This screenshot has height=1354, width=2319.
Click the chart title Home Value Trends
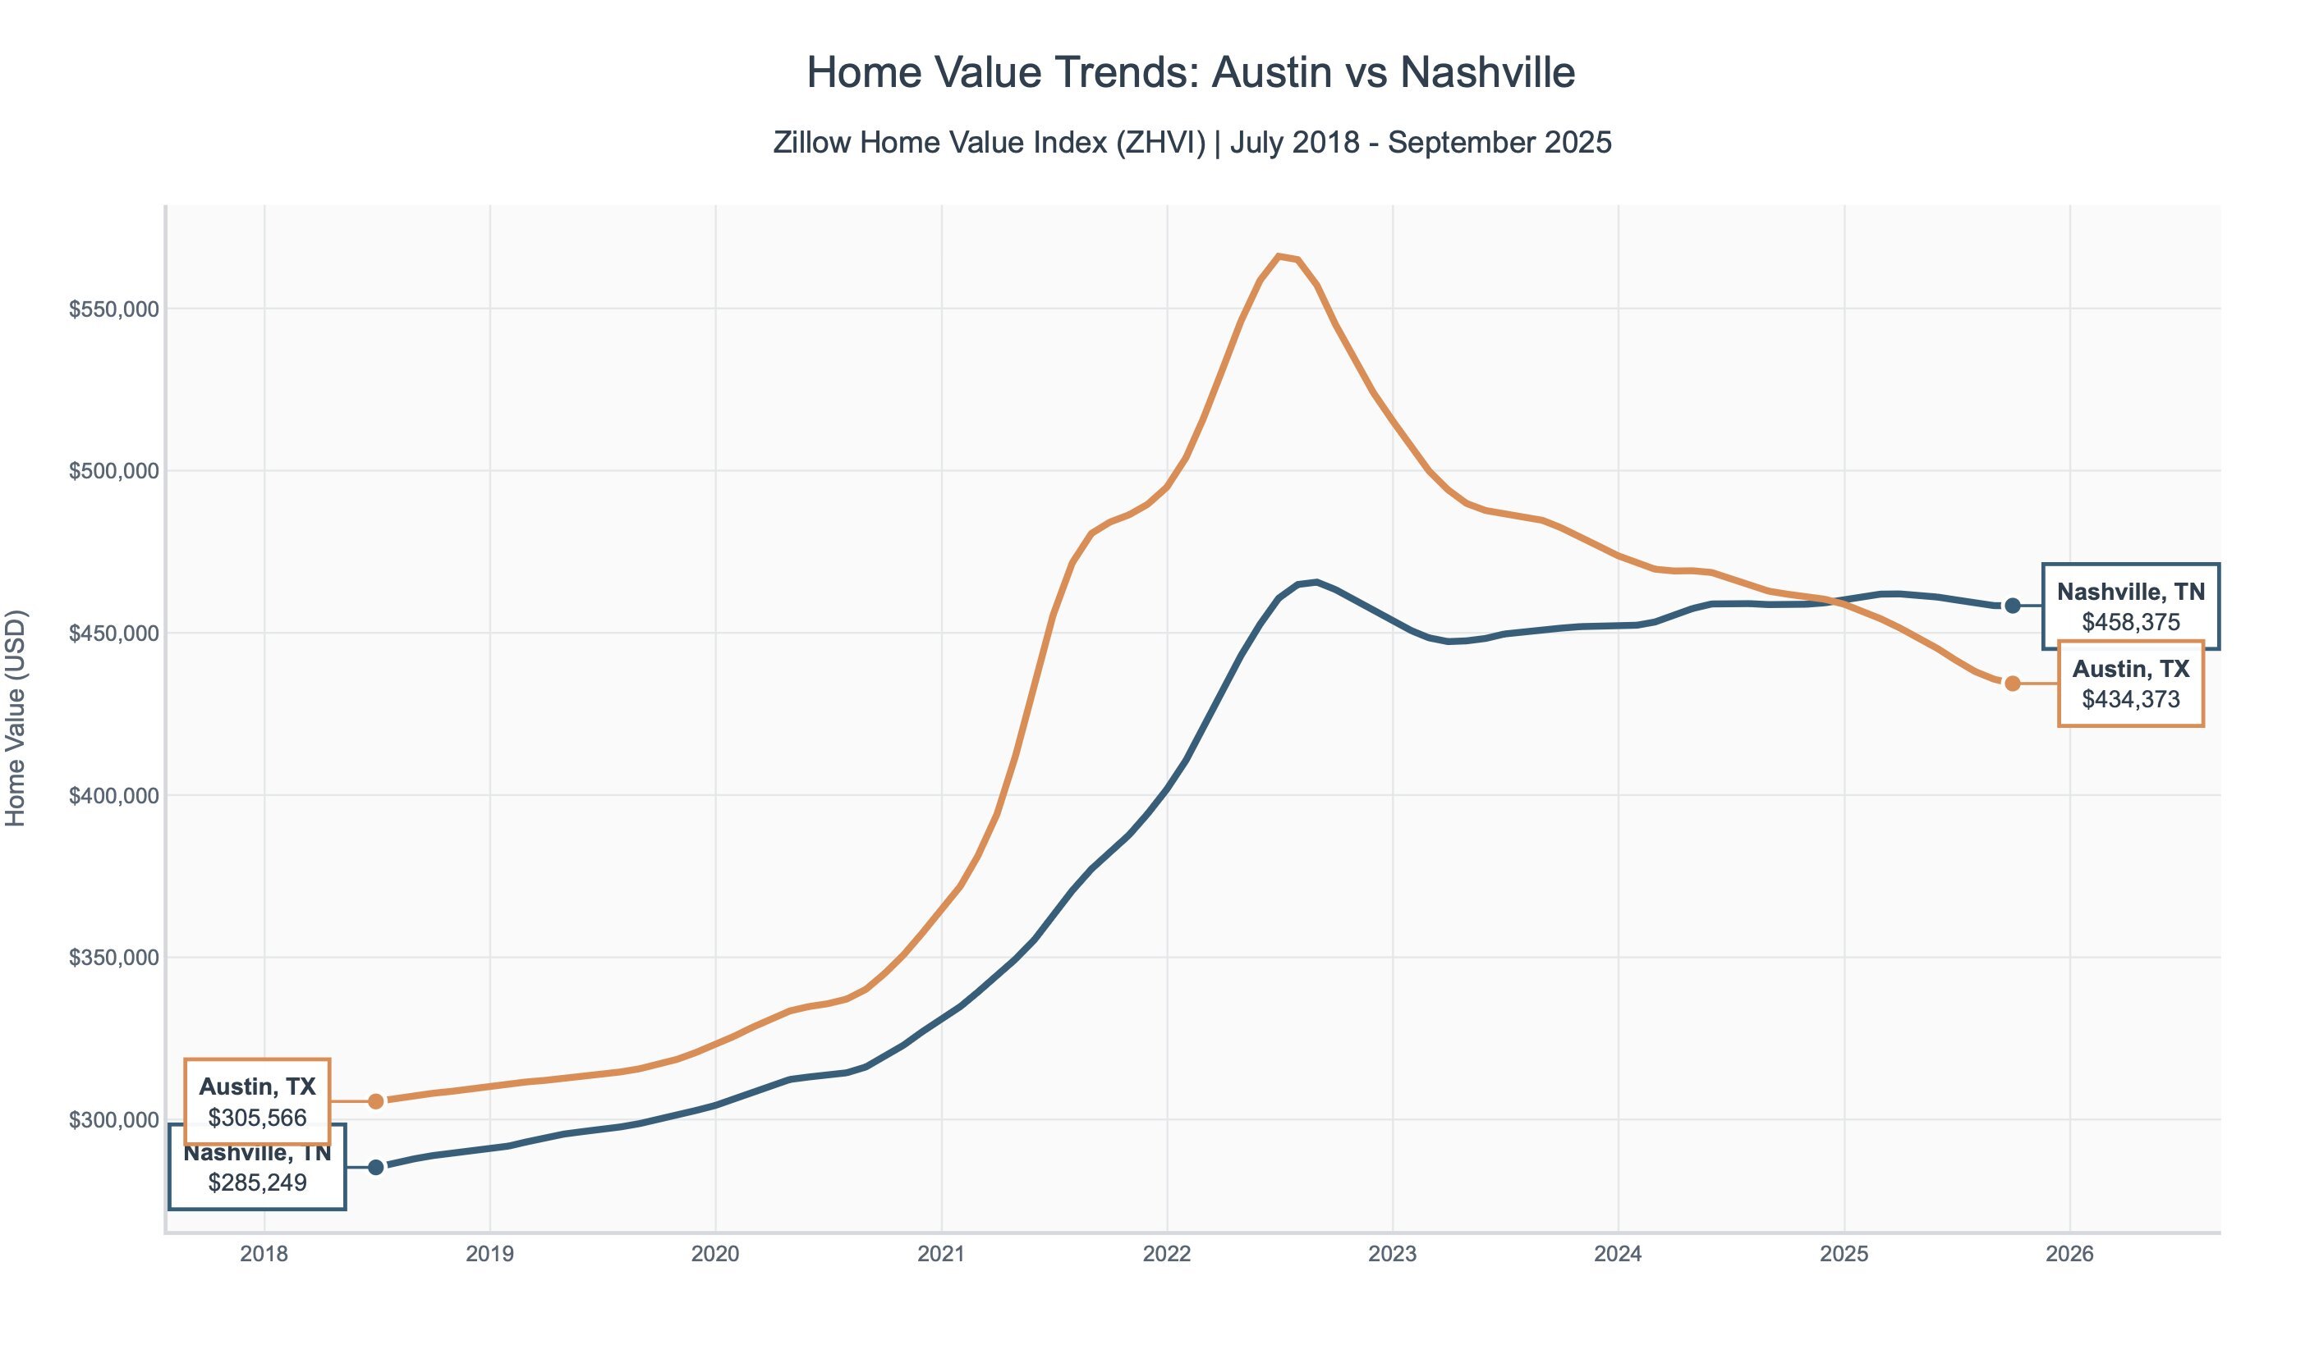point(1190,73)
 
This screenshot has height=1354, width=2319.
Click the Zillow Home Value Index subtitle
point(1192,143)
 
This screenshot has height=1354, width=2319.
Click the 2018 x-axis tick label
point(264,1255)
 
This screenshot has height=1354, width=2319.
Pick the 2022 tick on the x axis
point(1167,1255)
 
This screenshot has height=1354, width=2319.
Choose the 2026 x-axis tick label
point(2069,1255)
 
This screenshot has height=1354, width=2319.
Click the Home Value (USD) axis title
point(16,718)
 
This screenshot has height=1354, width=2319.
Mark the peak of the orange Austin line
point(1279,256)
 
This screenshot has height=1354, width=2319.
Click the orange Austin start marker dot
point(375,1101)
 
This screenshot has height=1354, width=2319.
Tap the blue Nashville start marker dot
point(375,1167)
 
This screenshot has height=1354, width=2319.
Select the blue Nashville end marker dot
point(2013,606)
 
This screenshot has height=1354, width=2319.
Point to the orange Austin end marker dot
point(2013,684)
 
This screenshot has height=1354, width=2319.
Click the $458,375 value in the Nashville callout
point(2130,623)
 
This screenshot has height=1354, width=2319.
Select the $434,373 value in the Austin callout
point(2130,700)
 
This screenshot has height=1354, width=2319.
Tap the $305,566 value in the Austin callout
point(257,1118)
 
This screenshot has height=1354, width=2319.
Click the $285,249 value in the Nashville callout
point(257,1183)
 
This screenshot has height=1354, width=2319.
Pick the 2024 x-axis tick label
point(1618,1255)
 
